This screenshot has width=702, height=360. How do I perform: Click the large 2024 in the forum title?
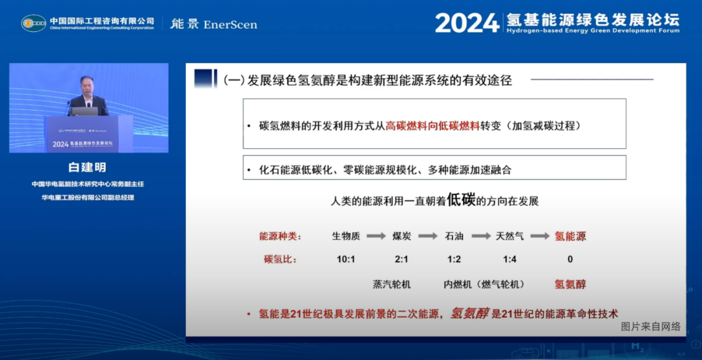(467, 23)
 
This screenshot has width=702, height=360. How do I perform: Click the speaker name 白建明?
(88, 168)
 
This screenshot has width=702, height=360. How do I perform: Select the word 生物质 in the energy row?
(346, 237)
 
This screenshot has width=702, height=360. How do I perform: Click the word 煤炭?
(402, 237)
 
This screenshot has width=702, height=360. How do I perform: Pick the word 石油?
(454, 237)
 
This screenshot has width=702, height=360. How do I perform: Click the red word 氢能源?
(570, 237)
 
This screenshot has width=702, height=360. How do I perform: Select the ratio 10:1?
(346, 259)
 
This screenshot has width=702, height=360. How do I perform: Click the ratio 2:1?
(402, 259)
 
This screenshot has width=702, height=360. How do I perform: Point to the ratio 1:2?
(454, 259)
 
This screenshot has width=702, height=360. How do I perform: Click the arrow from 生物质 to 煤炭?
(376, 237)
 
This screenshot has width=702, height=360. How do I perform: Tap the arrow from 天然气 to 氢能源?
(540, 237)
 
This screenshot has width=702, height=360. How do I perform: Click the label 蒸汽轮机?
(391, 284)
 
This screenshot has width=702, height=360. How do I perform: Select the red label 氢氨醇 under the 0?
(570, 284)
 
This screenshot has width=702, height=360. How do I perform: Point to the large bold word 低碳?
(461, 200)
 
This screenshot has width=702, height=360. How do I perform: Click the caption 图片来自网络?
(651, 326)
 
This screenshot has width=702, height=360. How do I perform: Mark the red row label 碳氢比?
(280, 259)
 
